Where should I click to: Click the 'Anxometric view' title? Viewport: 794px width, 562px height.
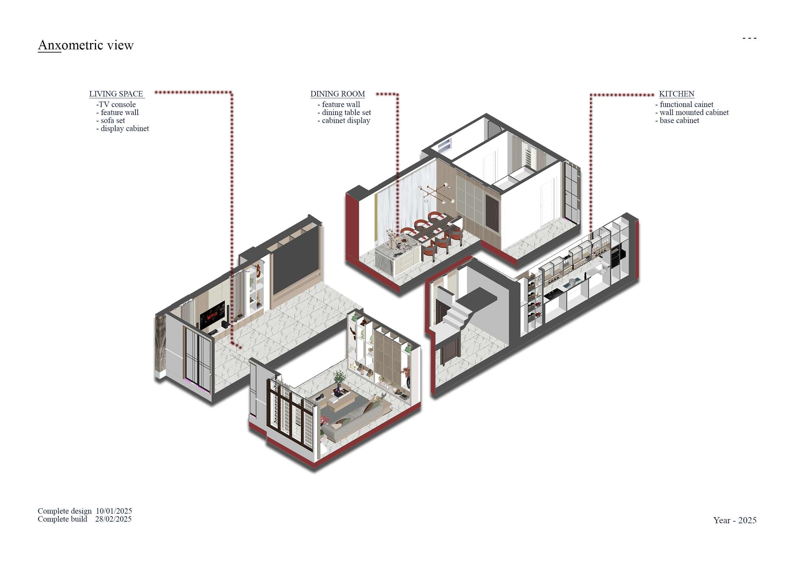click(85, 45)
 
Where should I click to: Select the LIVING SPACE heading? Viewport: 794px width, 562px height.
click(116, 94)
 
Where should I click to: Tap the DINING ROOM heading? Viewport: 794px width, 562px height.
click(337, 94)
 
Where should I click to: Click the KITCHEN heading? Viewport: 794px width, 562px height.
click(677, 94)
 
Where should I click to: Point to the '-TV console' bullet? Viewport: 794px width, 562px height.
click(116, 104)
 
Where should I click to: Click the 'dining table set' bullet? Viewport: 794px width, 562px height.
click(344, 112)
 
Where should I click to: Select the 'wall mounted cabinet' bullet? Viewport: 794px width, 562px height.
click(692, 112)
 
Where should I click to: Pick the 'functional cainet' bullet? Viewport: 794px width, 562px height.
click(685, 104)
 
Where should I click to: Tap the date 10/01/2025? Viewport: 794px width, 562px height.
click(114, 511)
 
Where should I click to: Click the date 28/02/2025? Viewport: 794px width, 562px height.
click(113, 519)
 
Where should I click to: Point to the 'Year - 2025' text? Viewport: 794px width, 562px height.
click(734, 520)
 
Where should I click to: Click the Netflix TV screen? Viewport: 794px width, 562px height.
click(212, 315)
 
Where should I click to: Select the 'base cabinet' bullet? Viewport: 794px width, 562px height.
click(677, 120)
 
